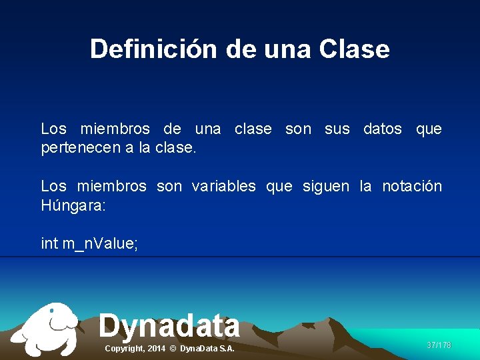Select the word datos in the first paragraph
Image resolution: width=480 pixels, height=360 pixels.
pyautogui.click(x=382, y=129)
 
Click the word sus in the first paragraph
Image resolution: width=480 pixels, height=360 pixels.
pyautogui.click(x=337, y=129)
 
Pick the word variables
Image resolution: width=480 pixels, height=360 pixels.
pyautogui.click(x=223, y=187)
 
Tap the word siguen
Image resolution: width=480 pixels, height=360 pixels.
pyautogui.click(x=325, y=187)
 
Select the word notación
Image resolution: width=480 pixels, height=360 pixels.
pyautogui.click(x=411, y=187)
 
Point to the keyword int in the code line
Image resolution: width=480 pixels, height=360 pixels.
pyautogui.click(x=49, y=244)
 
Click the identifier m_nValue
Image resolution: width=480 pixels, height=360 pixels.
pyautogui.click(x=100, y=244)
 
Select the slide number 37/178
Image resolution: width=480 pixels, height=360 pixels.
pyautogui.click(x=439, y=345)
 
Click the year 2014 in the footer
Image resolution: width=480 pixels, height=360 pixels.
pyautogui.click(x=156, y=349)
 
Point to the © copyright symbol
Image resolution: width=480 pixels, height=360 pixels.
pyautogui.click(x=173, y=349)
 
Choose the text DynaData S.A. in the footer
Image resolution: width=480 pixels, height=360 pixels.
pyautogui.click(x=207, y=349)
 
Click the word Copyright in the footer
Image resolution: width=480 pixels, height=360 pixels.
pyautogui.click(x=125, y=349)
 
